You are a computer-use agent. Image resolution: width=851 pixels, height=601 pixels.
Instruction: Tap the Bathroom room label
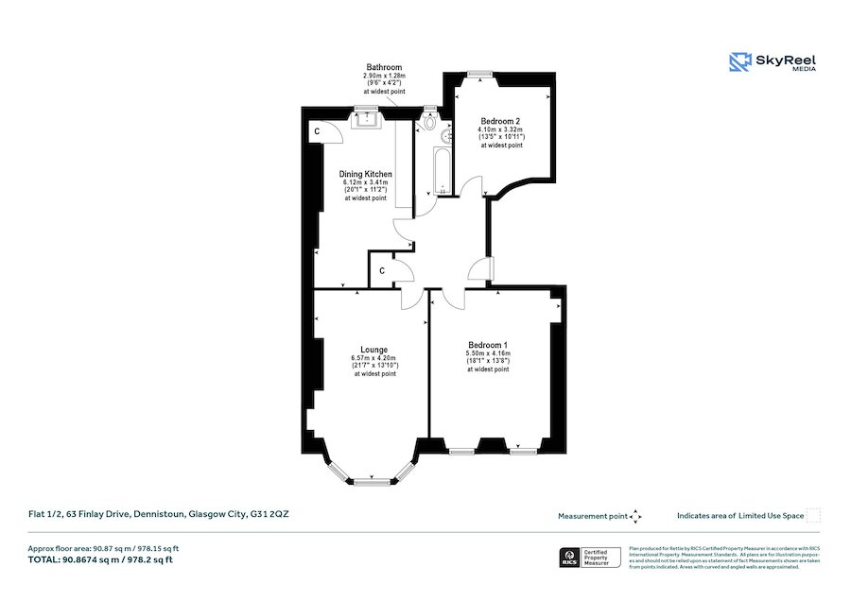(384, 68)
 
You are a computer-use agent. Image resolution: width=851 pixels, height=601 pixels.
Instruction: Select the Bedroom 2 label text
(501, 121)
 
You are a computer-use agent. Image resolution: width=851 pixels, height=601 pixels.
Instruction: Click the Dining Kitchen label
(366, 175)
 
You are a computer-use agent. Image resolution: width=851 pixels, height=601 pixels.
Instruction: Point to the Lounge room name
(375, 350)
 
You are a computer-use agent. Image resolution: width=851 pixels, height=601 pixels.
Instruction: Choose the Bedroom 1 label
(488, 345)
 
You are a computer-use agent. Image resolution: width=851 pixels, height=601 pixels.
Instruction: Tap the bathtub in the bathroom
(440, 169)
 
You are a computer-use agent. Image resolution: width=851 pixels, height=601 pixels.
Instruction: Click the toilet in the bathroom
(431, 122)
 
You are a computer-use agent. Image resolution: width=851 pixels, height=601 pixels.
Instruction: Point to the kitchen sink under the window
(366, 118)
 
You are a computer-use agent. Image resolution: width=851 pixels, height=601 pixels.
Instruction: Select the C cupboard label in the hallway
(381, 271)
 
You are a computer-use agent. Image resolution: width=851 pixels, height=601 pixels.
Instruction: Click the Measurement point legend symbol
(636, 516)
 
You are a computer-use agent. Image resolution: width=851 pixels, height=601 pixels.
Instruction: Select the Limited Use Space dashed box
(813, 516)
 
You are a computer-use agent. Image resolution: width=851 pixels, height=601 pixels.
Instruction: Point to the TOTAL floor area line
(100, 560)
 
